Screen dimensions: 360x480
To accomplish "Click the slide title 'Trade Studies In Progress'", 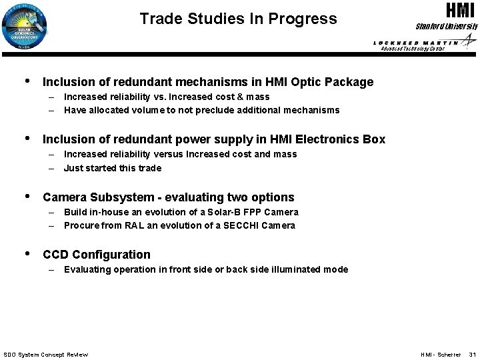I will [238, 18].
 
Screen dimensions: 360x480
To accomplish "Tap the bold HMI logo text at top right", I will [459, 11].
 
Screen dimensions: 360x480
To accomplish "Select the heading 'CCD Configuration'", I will [96, 254].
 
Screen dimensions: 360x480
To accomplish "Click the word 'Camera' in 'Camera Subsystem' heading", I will [63, 197].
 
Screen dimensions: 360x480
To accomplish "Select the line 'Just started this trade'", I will [112, 168].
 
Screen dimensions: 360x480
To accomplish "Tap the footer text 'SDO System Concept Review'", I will [45, 354].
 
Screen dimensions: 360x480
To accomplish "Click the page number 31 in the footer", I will [471, 354].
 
